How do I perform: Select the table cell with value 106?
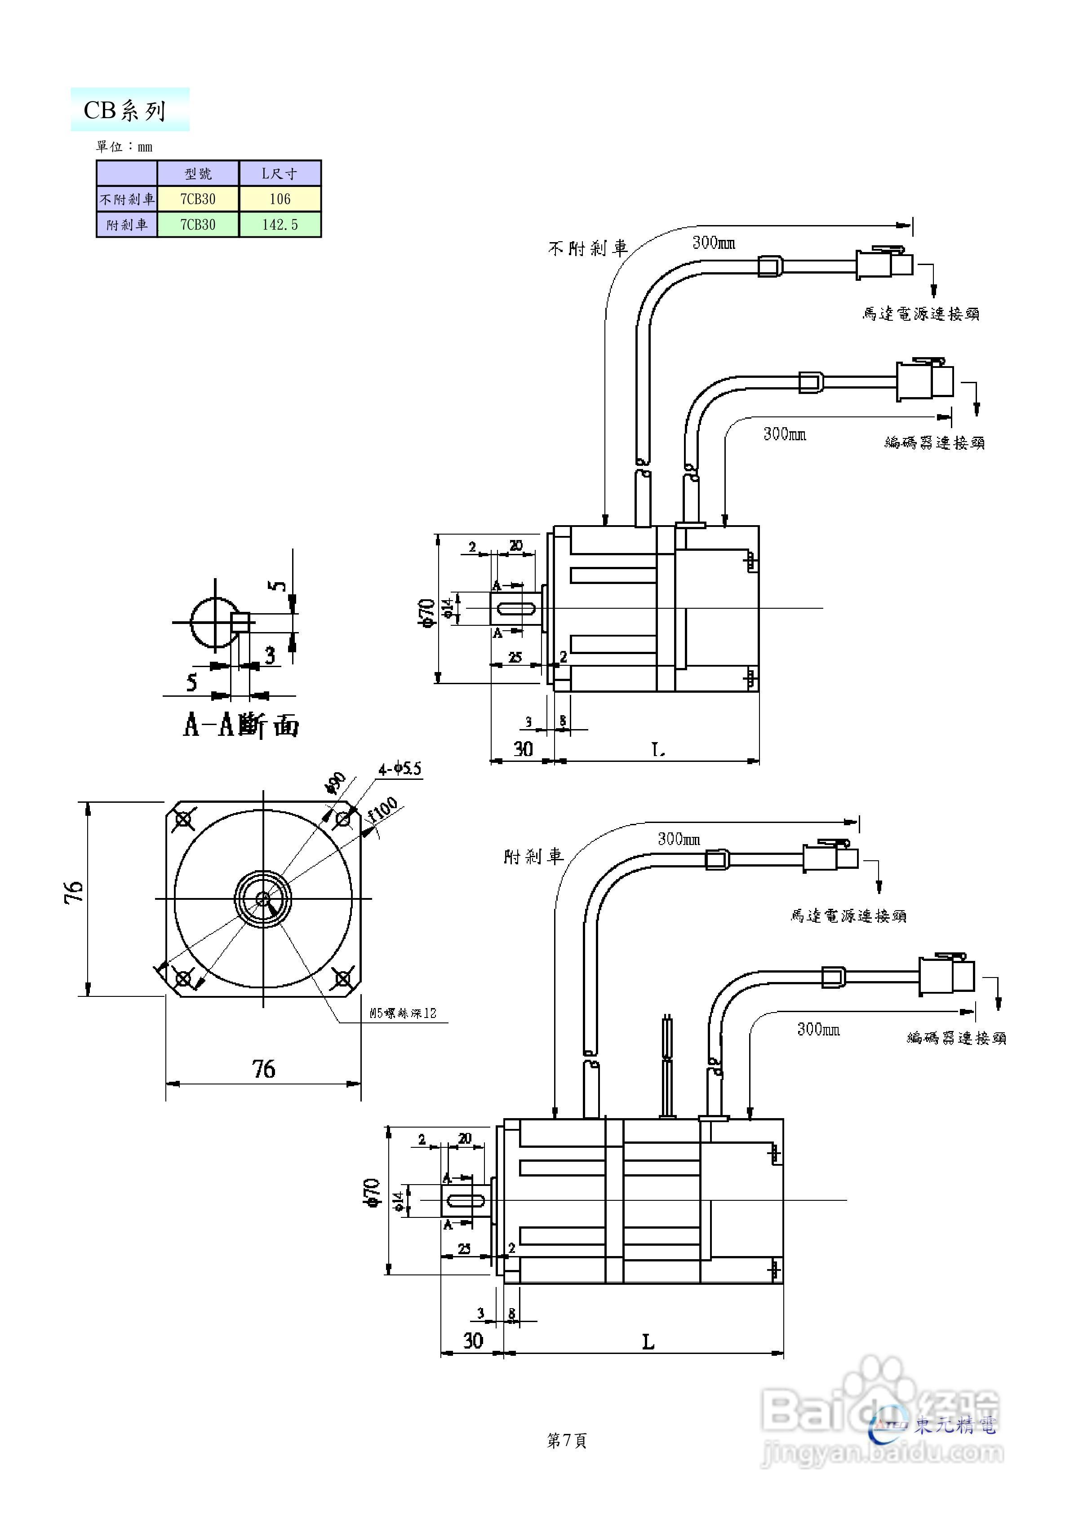point(280,199)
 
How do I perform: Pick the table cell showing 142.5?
point(280,225)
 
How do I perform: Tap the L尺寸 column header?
point(280,173)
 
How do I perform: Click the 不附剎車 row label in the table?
point(127,199)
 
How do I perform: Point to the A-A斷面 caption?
point(240,726)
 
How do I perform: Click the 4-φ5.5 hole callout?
point(400,768)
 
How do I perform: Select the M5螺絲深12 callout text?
point(403,1013)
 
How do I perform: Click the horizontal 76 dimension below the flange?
point(263,1069)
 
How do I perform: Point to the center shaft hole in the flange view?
point(263,898)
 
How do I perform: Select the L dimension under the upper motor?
point(658,749)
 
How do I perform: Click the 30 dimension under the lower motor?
point(473,1341)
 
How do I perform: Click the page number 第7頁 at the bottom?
point(566,1441)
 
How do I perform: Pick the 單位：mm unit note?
point(124,146)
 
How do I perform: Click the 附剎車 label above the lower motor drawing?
point(533,857)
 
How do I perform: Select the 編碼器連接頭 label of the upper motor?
point(934,443)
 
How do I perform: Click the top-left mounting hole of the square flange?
point(183,819)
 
